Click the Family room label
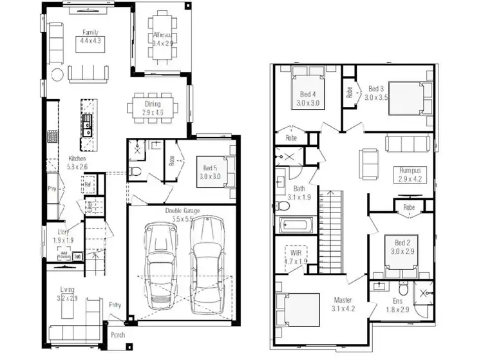[x=89, y=32]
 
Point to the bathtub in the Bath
[x=295, y=226]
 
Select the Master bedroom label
[x=343, y=300]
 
